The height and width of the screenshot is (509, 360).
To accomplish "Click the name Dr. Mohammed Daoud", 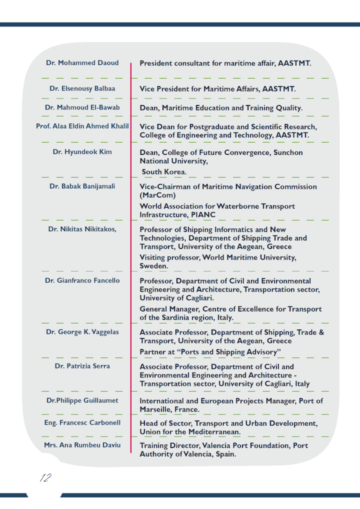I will click(x=82, y=63).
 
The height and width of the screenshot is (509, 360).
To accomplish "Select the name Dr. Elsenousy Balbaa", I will click(x=82, y=88).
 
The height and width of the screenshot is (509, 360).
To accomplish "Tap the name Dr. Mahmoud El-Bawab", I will click(x=82, y=107).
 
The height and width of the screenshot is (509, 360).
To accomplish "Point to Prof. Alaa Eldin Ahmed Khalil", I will click(x=82, y=126).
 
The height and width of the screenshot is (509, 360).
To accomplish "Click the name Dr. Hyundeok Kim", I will click(x=82, y=152).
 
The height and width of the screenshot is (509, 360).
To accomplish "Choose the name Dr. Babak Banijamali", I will click(x=82, y=186).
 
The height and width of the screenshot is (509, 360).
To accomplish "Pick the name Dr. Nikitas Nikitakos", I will click(x=82, y=229).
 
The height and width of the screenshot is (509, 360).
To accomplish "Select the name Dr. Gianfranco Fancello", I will click(x=82, y=280).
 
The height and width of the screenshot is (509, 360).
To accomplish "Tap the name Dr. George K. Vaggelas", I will click(x=82, y=332).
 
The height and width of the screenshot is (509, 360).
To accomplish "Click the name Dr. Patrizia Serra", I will click(x=82, y=366).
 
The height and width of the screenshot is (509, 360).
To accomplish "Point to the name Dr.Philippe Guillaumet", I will click(x=82, y=400).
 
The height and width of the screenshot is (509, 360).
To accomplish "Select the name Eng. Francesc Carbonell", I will click(x=82, y=423).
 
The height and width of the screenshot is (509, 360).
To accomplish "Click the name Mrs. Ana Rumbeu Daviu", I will click(x=82, y=445).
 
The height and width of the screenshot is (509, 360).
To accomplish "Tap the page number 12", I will click(x=45, y=478).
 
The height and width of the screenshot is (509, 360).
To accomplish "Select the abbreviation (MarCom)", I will click(x=157, y=195).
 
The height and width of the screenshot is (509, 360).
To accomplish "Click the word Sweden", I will click(x=153, y=266).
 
